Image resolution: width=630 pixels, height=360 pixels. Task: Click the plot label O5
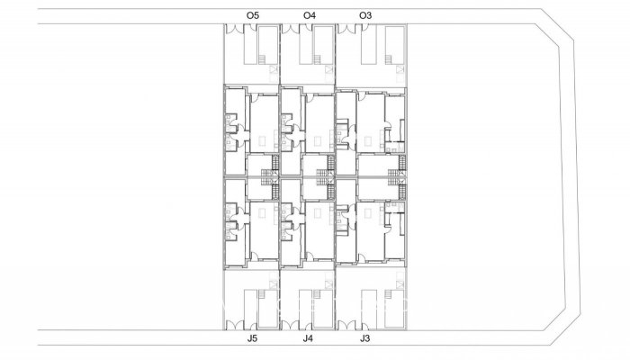click(x=252, y=15)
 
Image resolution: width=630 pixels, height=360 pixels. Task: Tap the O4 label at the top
click(x=309, y=15)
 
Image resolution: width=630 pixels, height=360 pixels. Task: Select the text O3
click(x=364, y=15)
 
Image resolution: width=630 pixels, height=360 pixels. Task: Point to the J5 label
click(x=252, y=339)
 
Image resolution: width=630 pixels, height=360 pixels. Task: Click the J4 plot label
click(x=308, y=339)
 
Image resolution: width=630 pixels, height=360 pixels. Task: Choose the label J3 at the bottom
click(x=364, y=339)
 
